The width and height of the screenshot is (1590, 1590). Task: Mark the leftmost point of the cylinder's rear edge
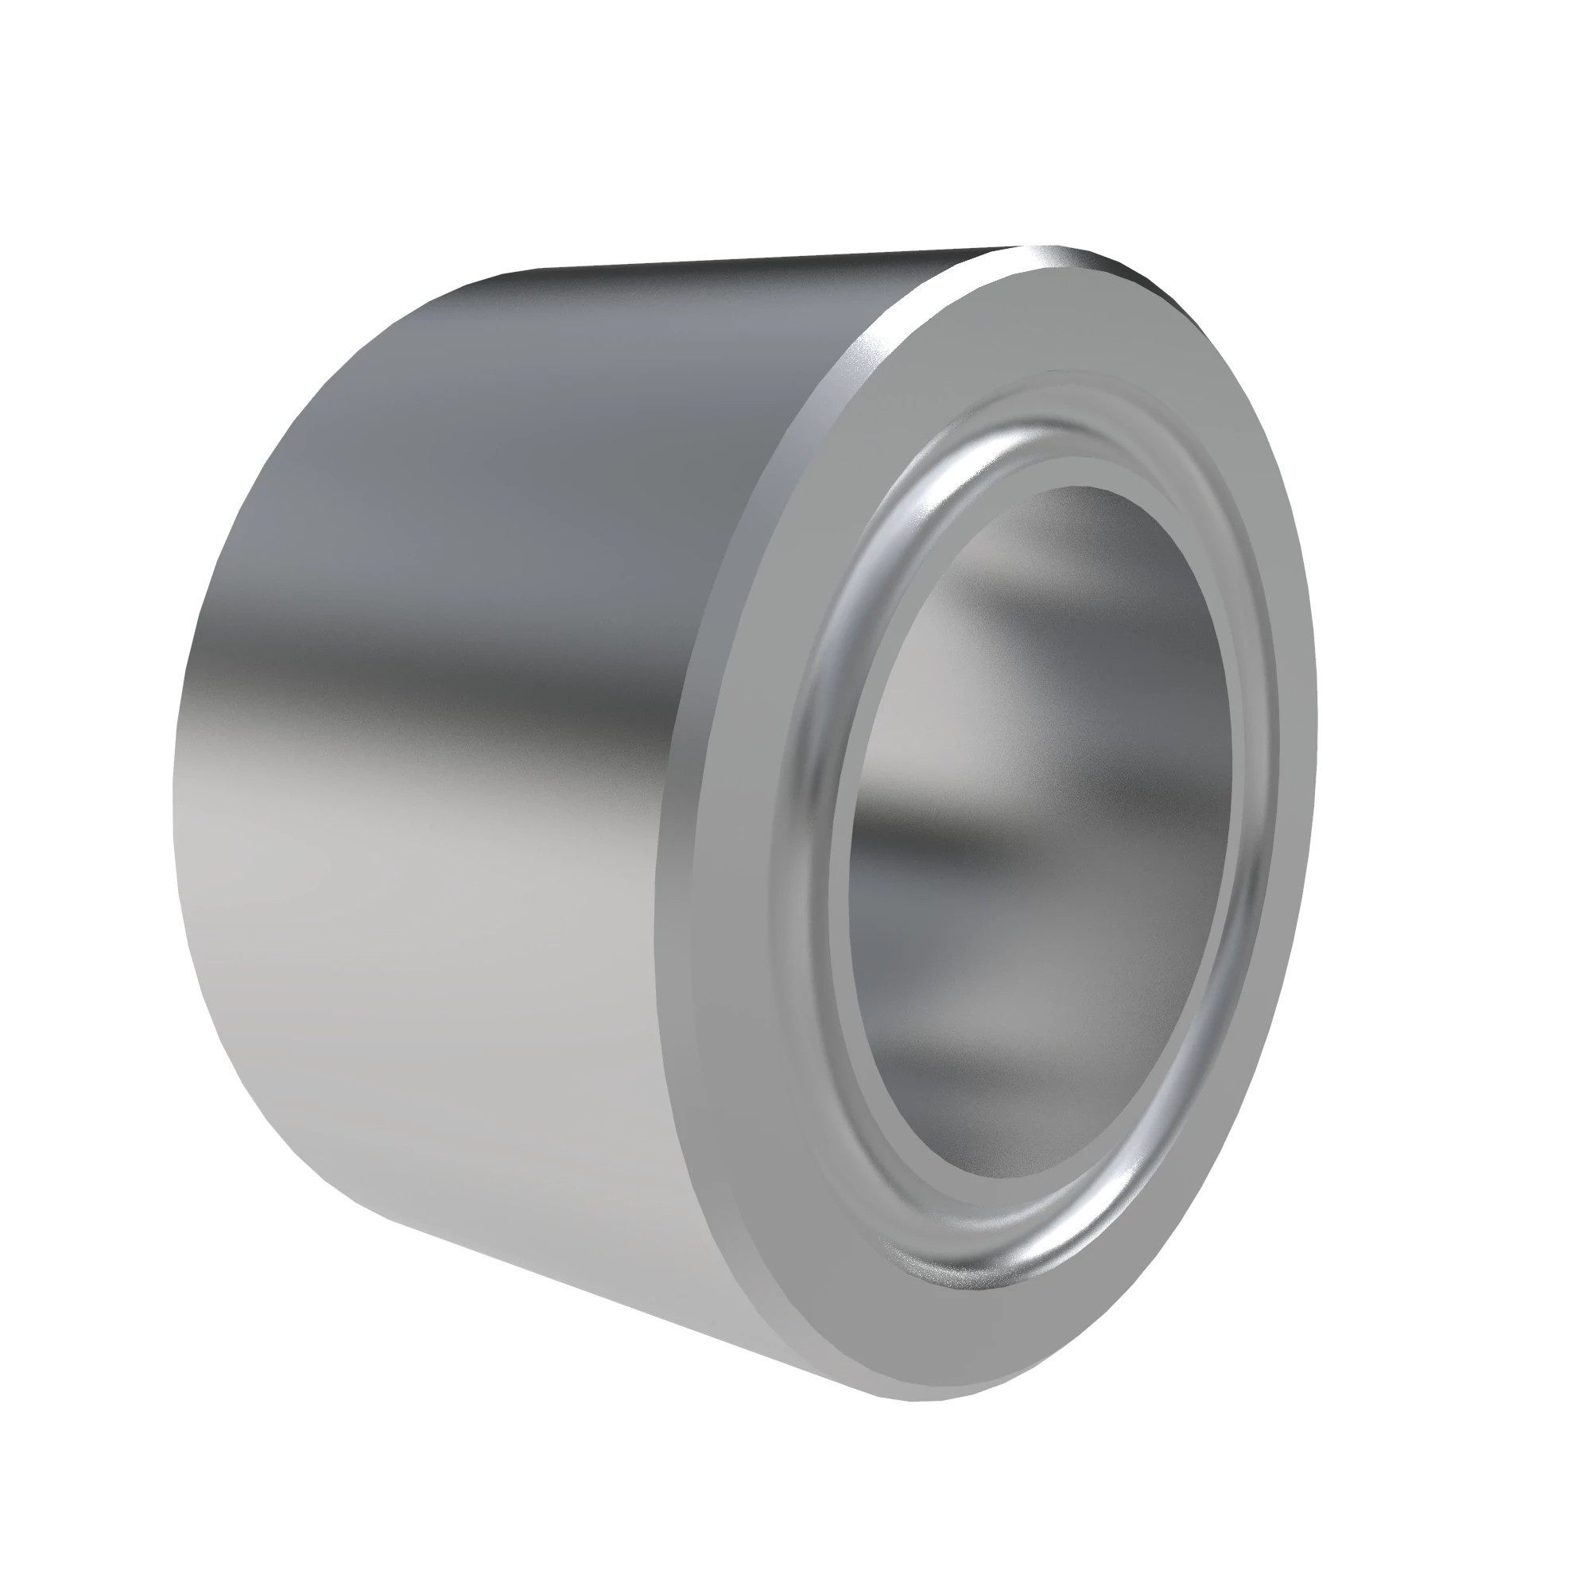174,790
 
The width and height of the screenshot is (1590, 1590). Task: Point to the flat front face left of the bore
741,823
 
